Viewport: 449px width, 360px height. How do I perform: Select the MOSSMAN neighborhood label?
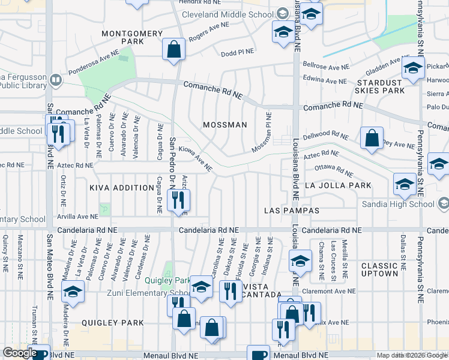coord(225,125)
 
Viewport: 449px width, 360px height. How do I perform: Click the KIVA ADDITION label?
coord(122,188)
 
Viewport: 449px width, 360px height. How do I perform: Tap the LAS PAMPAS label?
coord(292,211)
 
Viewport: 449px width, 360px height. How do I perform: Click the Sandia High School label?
coord(398,204)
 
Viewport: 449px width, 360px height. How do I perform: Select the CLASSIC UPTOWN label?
coord(379,269)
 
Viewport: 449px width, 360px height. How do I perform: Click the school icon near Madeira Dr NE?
coord(73,292)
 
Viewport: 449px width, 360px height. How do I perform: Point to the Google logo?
coord(19,353)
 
